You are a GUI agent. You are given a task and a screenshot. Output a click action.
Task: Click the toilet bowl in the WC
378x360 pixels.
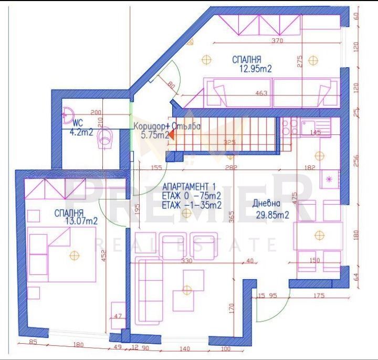[x=109, y=136]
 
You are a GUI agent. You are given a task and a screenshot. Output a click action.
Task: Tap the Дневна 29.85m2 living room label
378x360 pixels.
[x=272, y=209]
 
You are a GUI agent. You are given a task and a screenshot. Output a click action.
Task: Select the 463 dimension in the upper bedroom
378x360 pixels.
[x=261, y=93]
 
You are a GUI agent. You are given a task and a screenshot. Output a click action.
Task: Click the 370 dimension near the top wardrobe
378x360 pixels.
[x=277, y=40]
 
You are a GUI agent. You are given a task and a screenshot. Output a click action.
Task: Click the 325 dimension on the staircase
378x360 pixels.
[x=229, y=142]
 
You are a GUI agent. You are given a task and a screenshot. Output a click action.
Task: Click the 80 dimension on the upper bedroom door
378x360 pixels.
[x=171, y=83]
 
